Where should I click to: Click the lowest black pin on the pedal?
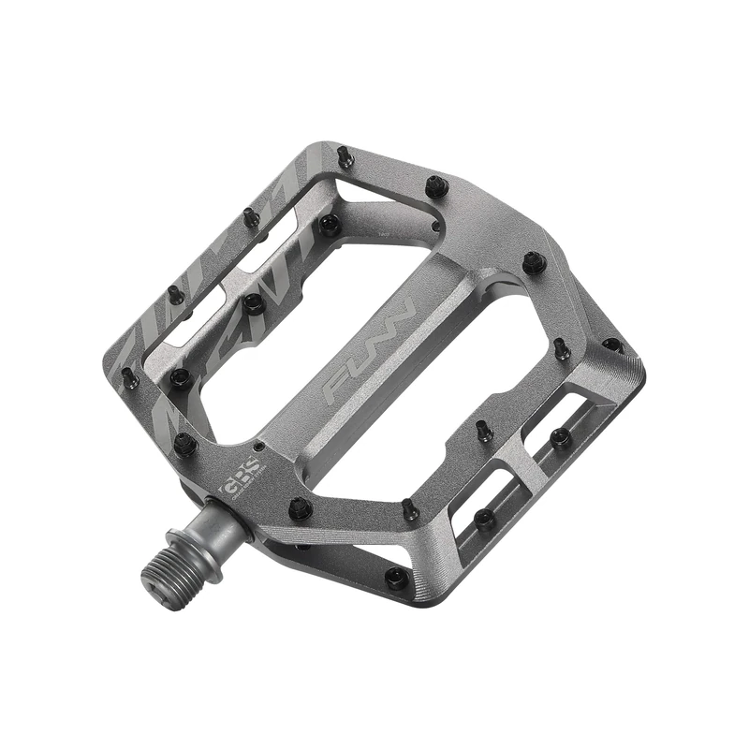point(396,577)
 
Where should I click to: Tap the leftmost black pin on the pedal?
point(128,377)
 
